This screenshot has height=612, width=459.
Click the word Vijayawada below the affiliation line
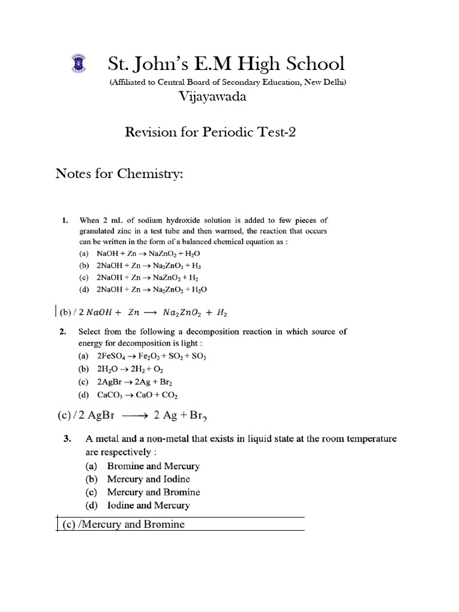(x=213, y=96)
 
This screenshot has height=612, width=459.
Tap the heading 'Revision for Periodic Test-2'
(x=210, y=132)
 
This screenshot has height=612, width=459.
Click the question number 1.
(x=65, y=221)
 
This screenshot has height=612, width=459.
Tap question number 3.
(x=68, y=439)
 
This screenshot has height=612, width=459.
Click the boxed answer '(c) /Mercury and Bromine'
(x=124, y=525)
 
